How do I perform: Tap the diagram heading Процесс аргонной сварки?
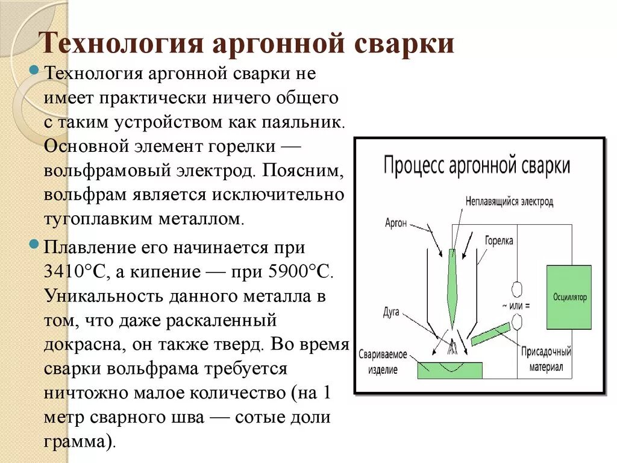477,165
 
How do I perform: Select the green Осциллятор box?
569,297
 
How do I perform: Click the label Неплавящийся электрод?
509,202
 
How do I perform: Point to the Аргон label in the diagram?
396,223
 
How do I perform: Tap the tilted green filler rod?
490,334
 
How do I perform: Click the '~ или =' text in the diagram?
515,306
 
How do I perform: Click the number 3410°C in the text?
75,271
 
